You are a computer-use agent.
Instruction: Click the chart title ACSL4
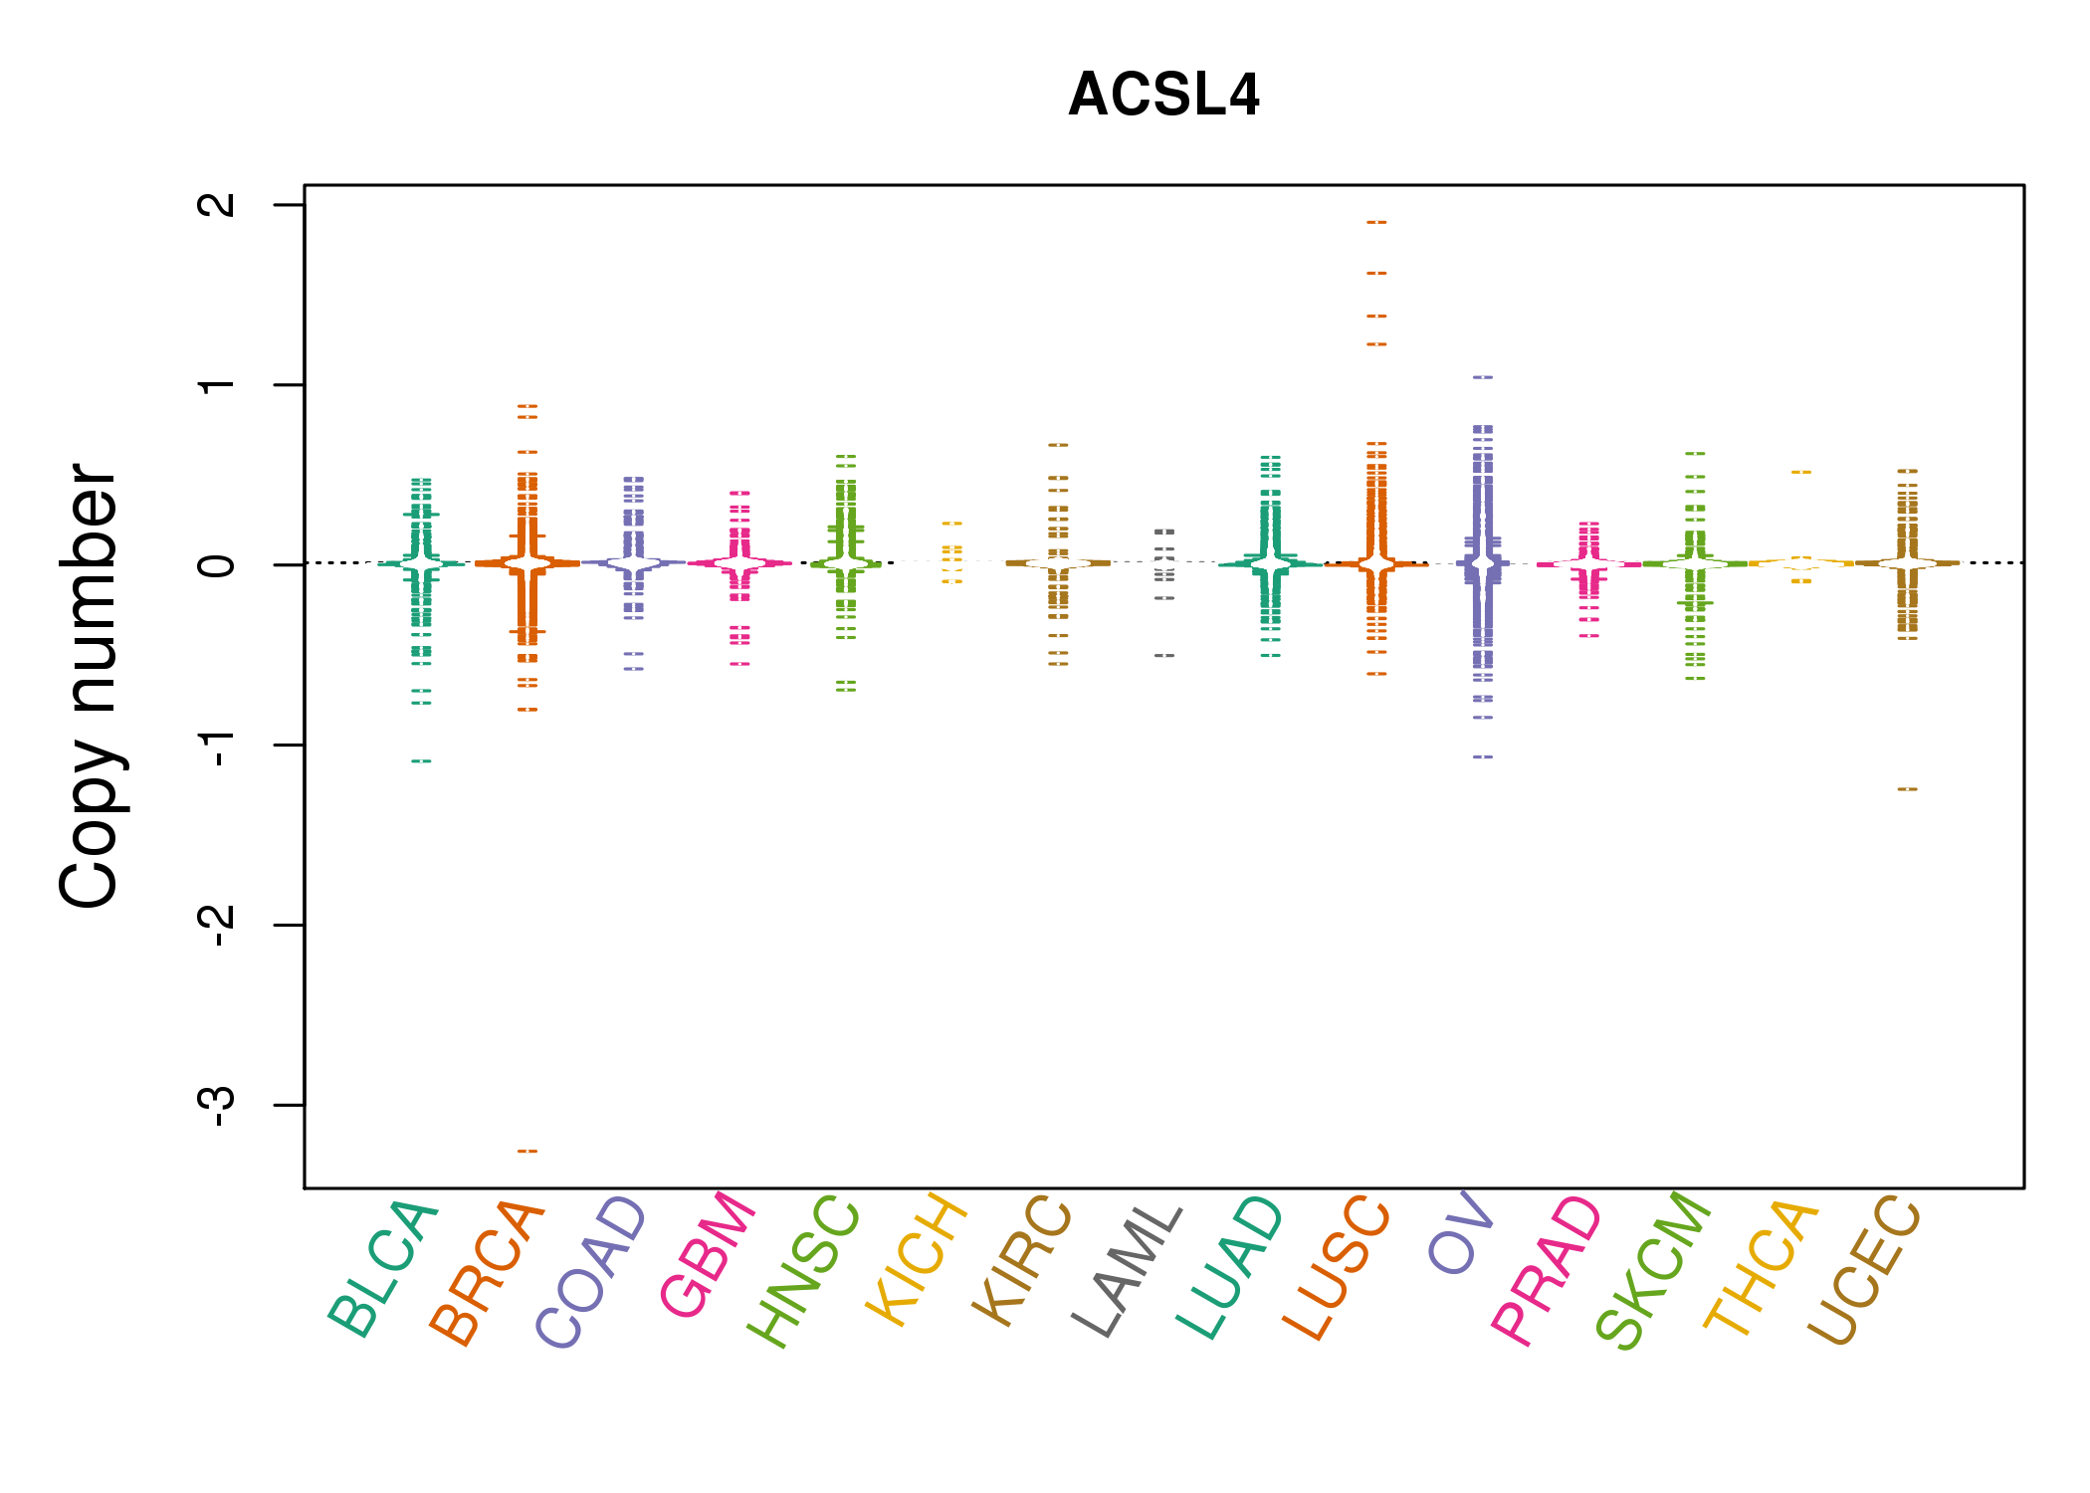tap(1163, 96)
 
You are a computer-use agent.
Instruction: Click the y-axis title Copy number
tap(90, 686)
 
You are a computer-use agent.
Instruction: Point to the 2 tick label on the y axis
tap(217, 205)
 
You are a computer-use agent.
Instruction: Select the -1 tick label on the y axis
tap(217, 746)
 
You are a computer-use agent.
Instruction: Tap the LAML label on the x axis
tap(1128, 1270)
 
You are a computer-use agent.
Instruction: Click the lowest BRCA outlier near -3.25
tap(527, 1152)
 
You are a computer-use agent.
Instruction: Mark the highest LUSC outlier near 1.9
tap(1376, 223)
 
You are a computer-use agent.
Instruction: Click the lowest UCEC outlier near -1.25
tap(1907, 789)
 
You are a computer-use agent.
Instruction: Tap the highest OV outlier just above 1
tap(1483, 378)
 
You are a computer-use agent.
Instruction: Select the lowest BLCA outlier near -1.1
tap(422, 761)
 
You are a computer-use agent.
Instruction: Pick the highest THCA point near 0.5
tap(1801, 473)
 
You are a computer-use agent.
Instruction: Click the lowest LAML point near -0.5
tap(1164, 656)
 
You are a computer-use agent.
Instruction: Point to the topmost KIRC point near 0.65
tap(1058, 445)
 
